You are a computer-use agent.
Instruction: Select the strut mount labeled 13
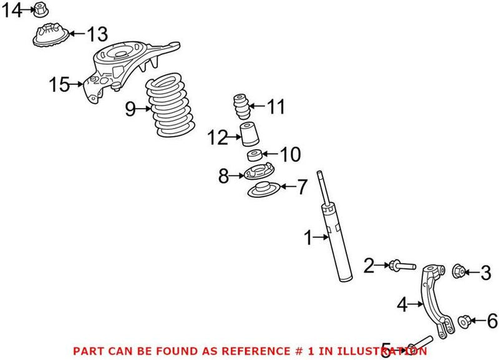tap(49, 36)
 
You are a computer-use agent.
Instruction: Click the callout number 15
tap(59, 84)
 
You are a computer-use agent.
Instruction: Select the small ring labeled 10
tap(253, 155)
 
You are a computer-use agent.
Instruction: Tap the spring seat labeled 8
tap(255, 173)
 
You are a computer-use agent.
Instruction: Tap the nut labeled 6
tap(463, 321)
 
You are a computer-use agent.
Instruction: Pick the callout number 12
tap(219, 137)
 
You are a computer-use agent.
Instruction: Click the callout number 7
tap(301, 186)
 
